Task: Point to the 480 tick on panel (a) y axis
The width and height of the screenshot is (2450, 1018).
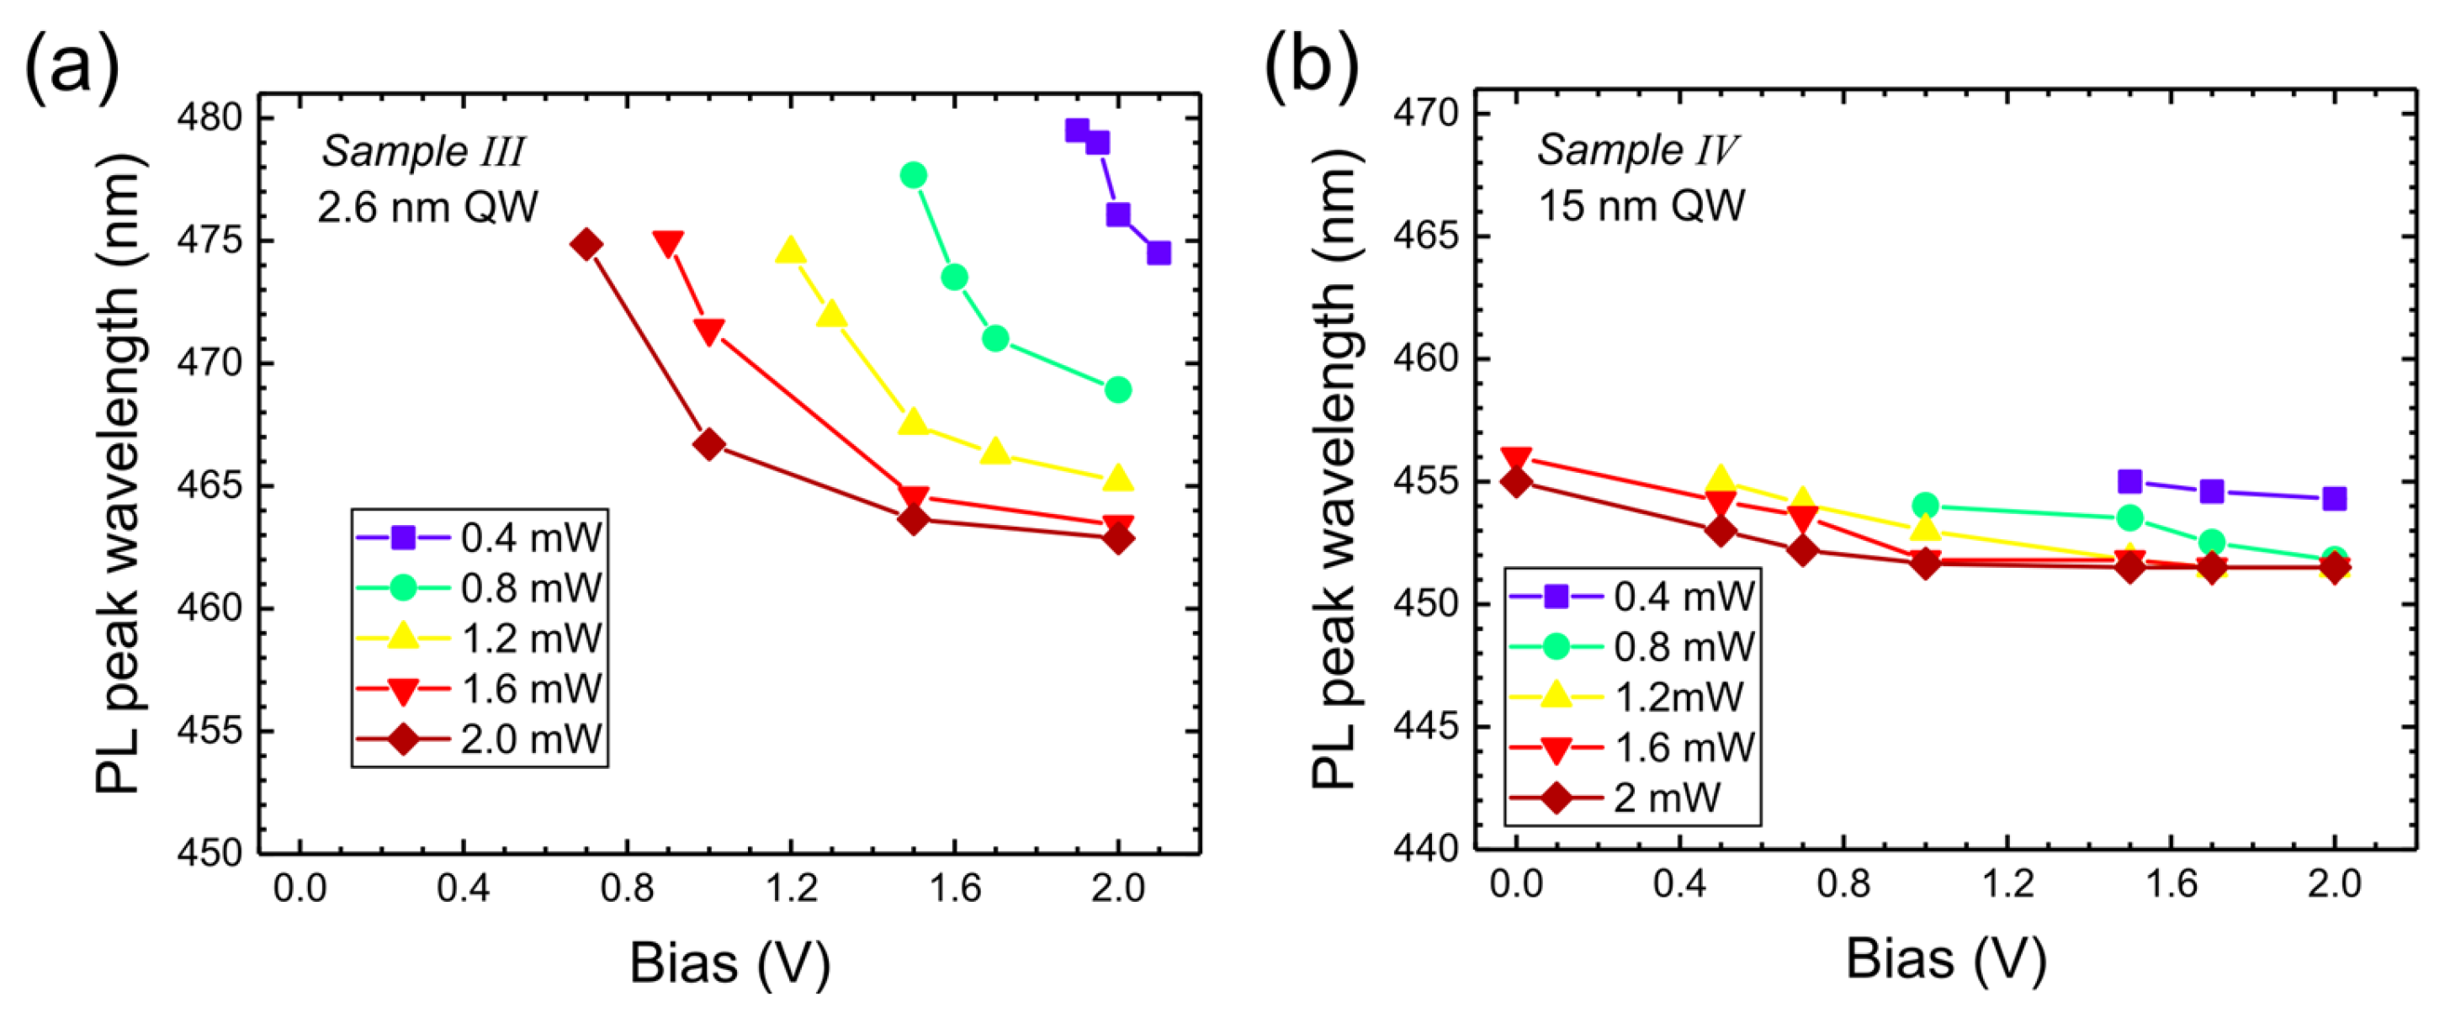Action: (x=209, y=118)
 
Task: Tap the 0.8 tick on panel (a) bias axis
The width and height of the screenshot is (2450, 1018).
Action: (x=627, y=888)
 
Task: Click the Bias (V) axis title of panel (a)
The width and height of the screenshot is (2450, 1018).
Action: (x=729, y=962)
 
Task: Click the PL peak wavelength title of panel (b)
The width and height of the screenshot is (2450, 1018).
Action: (x=1337, y=471)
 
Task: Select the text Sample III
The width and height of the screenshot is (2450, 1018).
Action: (x=422, y=151)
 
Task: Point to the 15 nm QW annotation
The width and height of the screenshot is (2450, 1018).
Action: (x=1641, y=205)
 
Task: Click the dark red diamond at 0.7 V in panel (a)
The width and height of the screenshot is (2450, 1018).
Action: (x=586, y=245)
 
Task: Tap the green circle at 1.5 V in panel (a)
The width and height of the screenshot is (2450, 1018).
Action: (x=913, y=175)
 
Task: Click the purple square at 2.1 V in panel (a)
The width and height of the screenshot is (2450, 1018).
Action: (x=1158, y=253)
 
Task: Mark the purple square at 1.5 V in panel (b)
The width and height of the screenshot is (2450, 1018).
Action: (x=2129, y=481)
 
